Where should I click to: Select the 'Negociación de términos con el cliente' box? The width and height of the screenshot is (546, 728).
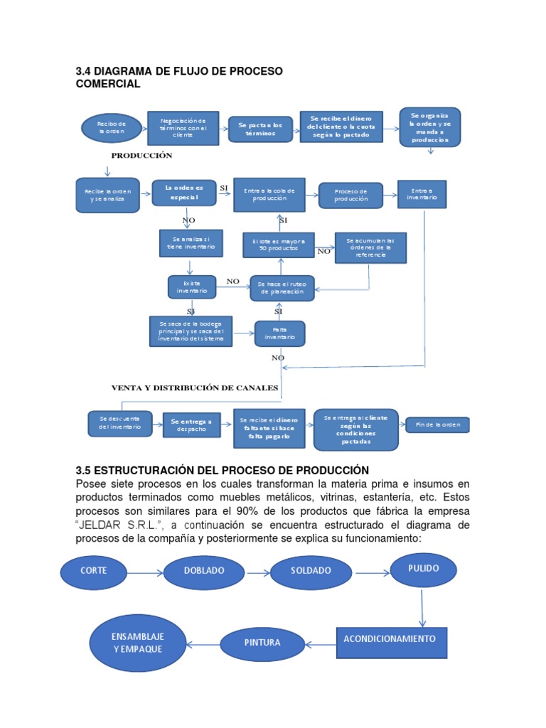click(x=183, y=127)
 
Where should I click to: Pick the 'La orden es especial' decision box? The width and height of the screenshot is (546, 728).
click(x=183, y=192)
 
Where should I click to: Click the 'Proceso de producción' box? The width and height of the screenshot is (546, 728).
click(x=350, y=195)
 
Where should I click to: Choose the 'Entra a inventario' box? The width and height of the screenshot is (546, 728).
click(x=422, y=193)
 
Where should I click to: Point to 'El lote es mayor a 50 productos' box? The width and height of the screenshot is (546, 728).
click(x=277, y=246)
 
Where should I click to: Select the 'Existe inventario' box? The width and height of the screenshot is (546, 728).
click(x=191, y=287)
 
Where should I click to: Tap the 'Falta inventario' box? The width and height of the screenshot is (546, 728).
click(x=279, y=333)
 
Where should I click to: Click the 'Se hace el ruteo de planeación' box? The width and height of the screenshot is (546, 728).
click(x=282, y=287)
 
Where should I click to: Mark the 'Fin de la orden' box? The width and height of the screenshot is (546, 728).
click(x=437, y=425)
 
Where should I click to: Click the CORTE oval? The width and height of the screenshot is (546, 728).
click(x=93, y=570)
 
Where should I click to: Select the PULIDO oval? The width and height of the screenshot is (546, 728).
click(x=424, y=569)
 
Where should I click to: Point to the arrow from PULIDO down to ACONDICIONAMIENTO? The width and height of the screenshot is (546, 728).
click(x=422, y=607)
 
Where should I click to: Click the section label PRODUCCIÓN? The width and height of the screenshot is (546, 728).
click(x=141, y=155)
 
